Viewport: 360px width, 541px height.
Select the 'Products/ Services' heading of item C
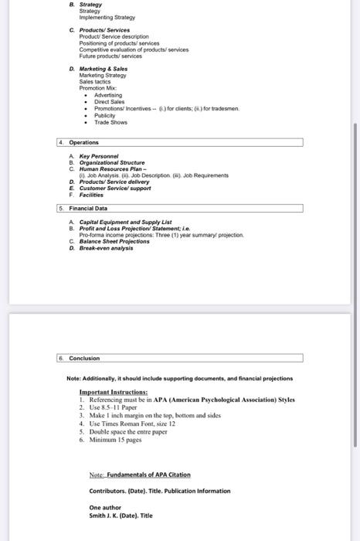point(100,29)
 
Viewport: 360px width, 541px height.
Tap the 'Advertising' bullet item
point(109,94)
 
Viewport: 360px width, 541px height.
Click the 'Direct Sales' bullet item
point(110,101)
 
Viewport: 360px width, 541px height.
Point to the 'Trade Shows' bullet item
point(110,122)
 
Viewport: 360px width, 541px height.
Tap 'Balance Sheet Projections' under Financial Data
point(114,241)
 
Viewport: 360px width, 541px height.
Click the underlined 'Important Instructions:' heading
point(114,392)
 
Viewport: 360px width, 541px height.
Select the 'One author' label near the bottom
point(104,508)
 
